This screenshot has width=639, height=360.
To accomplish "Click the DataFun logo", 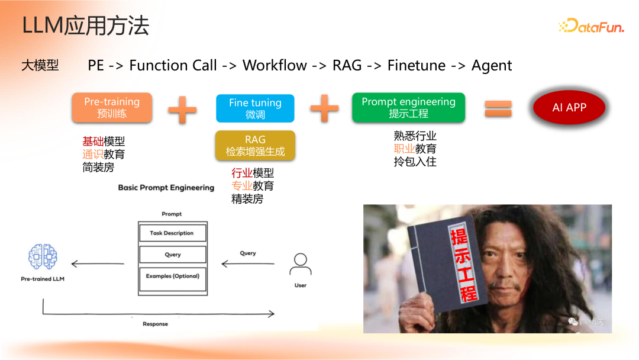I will coord(591,25).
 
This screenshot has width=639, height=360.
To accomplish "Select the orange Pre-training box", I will coord(112,107).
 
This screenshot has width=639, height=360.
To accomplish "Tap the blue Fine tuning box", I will coord(255,108).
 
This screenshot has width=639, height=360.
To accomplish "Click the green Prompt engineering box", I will coord(408,107).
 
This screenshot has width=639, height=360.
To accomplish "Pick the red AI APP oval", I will coord(569,108).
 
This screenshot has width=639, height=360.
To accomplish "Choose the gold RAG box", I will coord(255,146).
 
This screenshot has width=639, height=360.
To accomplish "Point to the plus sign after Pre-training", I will coord(182,109).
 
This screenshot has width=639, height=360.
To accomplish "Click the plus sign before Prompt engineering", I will coord(324,108).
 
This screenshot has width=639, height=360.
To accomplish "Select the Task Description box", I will coord(172,233).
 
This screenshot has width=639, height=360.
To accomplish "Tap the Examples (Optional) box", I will coord(172,276).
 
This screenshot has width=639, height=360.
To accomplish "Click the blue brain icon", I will coord(43,256).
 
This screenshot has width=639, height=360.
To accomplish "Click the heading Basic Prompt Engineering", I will coord(166,188).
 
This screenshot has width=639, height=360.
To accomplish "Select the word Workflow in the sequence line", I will coord(275,65).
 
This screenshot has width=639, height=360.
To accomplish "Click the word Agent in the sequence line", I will coord(491,65).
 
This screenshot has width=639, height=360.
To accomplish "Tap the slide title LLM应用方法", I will coord(85,26).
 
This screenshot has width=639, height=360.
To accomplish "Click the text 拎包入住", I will coord(415,161).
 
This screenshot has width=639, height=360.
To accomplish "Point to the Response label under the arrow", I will coord(155,324).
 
